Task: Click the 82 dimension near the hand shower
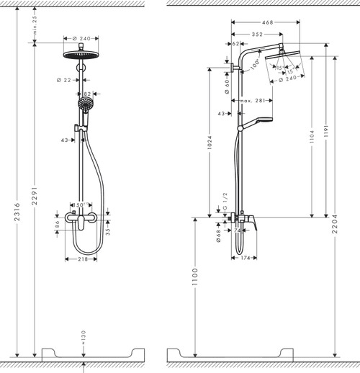tap(86, 94)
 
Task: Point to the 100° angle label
tap(256, 64)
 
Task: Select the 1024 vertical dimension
tap(210, 142)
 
